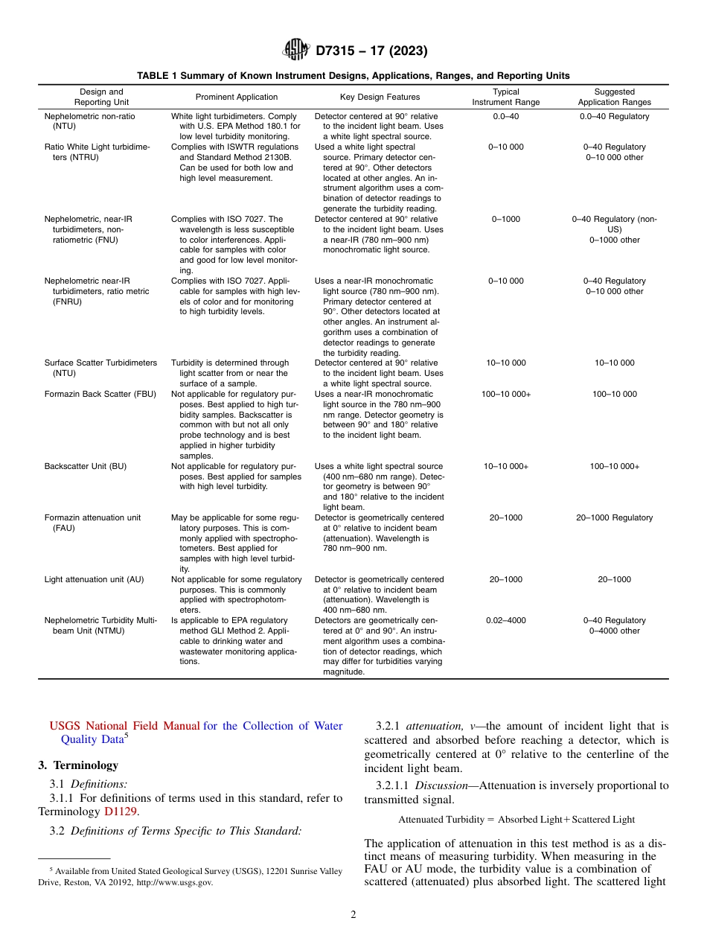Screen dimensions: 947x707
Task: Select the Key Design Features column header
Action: pyautogui.click(x=380, y=97)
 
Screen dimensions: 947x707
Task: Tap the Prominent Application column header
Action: pyautogui.click(x=237, y=97)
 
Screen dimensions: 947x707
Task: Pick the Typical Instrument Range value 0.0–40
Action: pyautogui.click(x=505, y=116)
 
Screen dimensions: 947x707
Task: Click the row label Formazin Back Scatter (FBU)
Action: pyautogui.click(x=100, y=394)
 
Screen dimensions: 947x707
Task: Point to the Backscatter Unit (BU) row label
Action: pyautogui.click(x=86, y=466)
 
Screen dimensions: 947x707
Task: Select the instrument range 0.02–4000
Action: pyautogui.click(x=505, y=620)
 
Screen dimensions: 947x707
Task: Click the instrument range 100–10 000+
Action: pyautogui.click(x=505, y=394)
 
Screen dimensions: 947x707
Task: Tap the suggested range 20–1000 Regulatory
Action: pyautogui.click(x=614, y=517)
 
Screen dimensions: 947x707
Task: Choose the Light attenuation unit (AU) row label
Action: pyautogui.click(x=94, y=579)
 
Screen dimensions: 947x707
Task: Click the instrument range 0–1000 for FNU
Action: pyautogui.click(x=505, y=219)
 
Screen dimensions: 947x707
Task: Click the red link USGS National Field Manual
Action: pyautogui.click(x=124, y=726)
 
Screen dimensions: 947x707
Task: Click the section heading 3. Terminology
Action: pyautogui.click(x=78, y=765)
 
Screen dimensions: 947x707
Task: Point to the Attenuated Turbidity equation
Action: pyautogui.click(x=516, y=819)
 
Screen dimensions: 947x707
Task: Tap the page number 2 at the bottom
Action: pyautogui.click(x=353, y=915)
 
